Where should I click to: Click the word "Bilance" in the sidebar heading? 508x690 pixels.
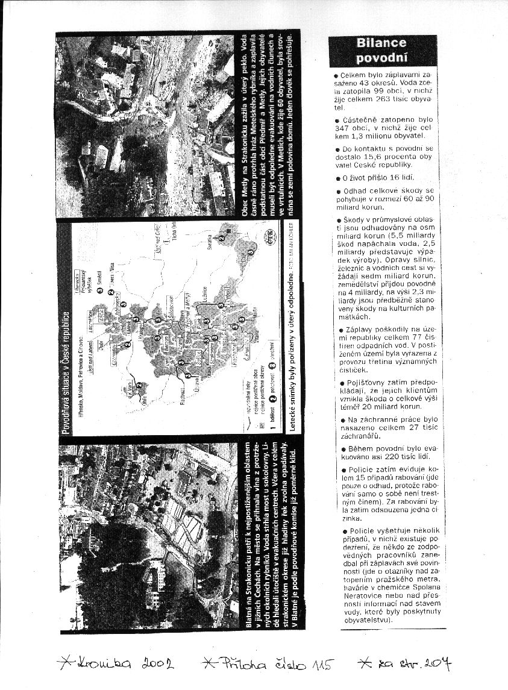[x=381, y=43]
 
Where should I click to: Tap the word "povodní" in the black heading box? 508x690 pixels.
[x=381, y=58]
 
